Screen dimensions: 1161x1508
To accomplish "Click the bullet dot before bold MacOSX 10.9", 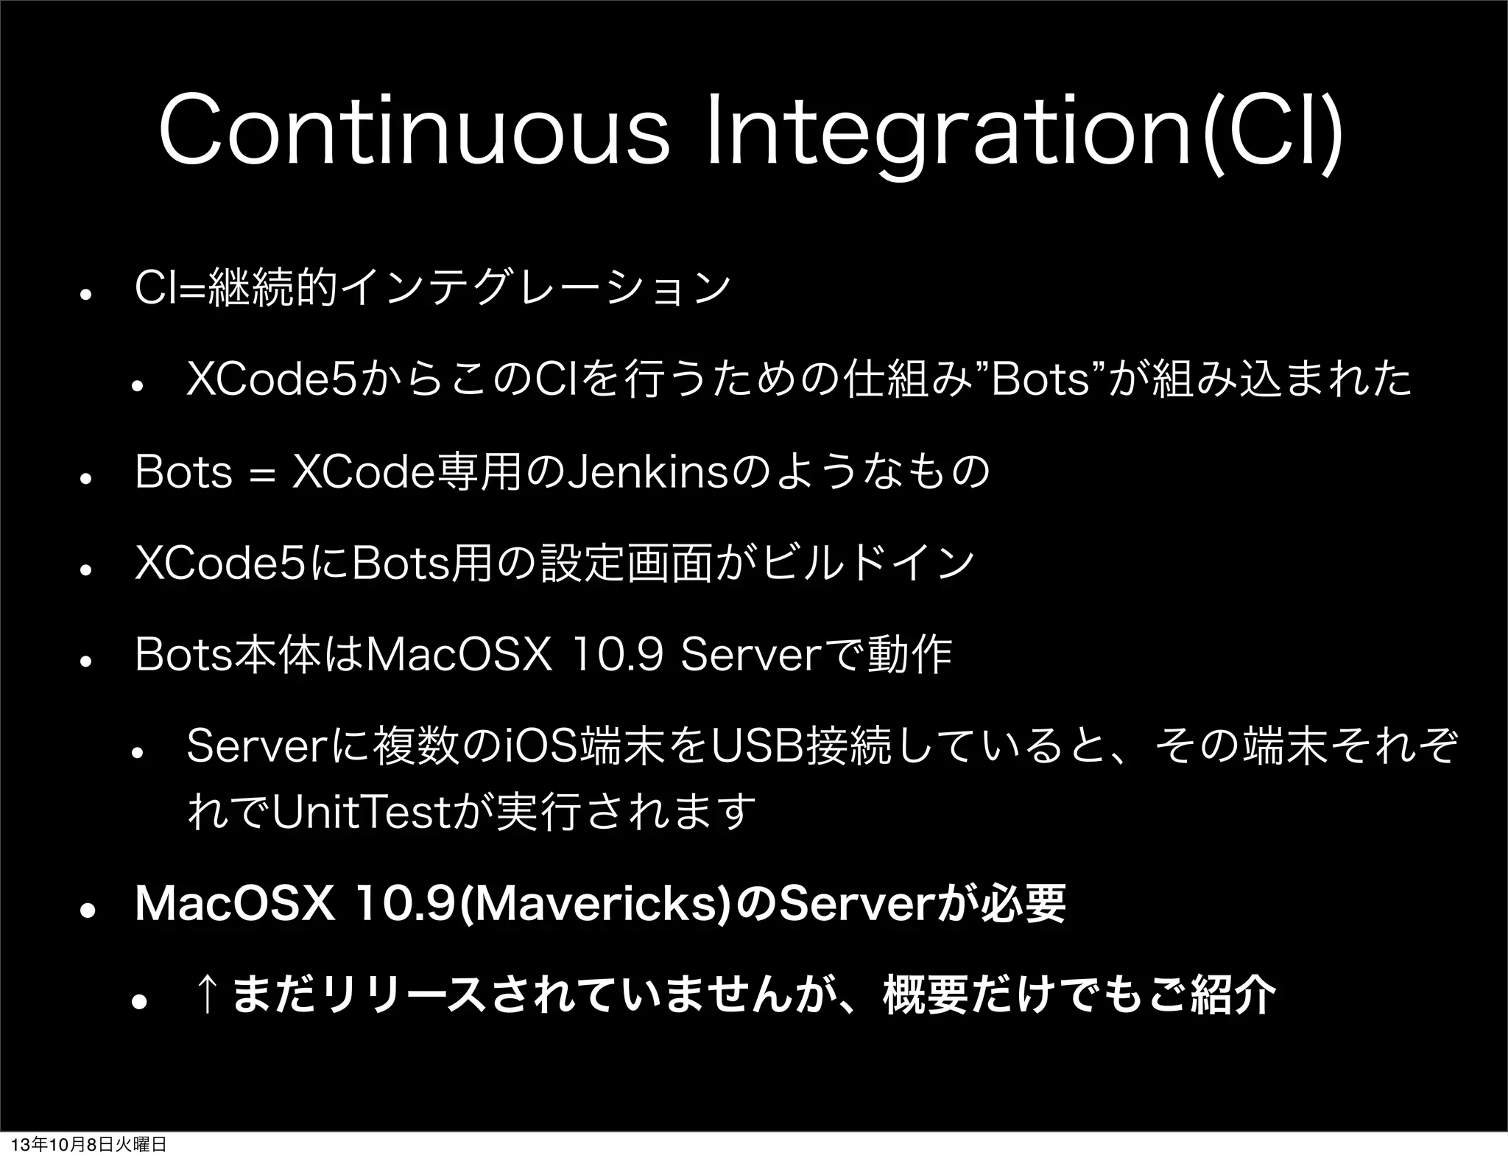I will click(x=85, y=909).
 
